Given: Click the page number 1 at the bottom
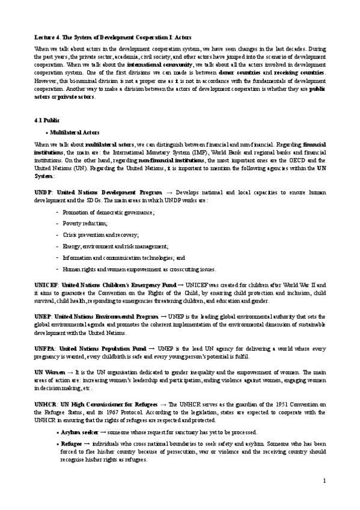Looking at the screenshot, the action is [x=324, y=481].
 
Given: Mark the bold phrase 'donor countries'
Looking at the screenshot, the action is [x=240, y=72].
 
